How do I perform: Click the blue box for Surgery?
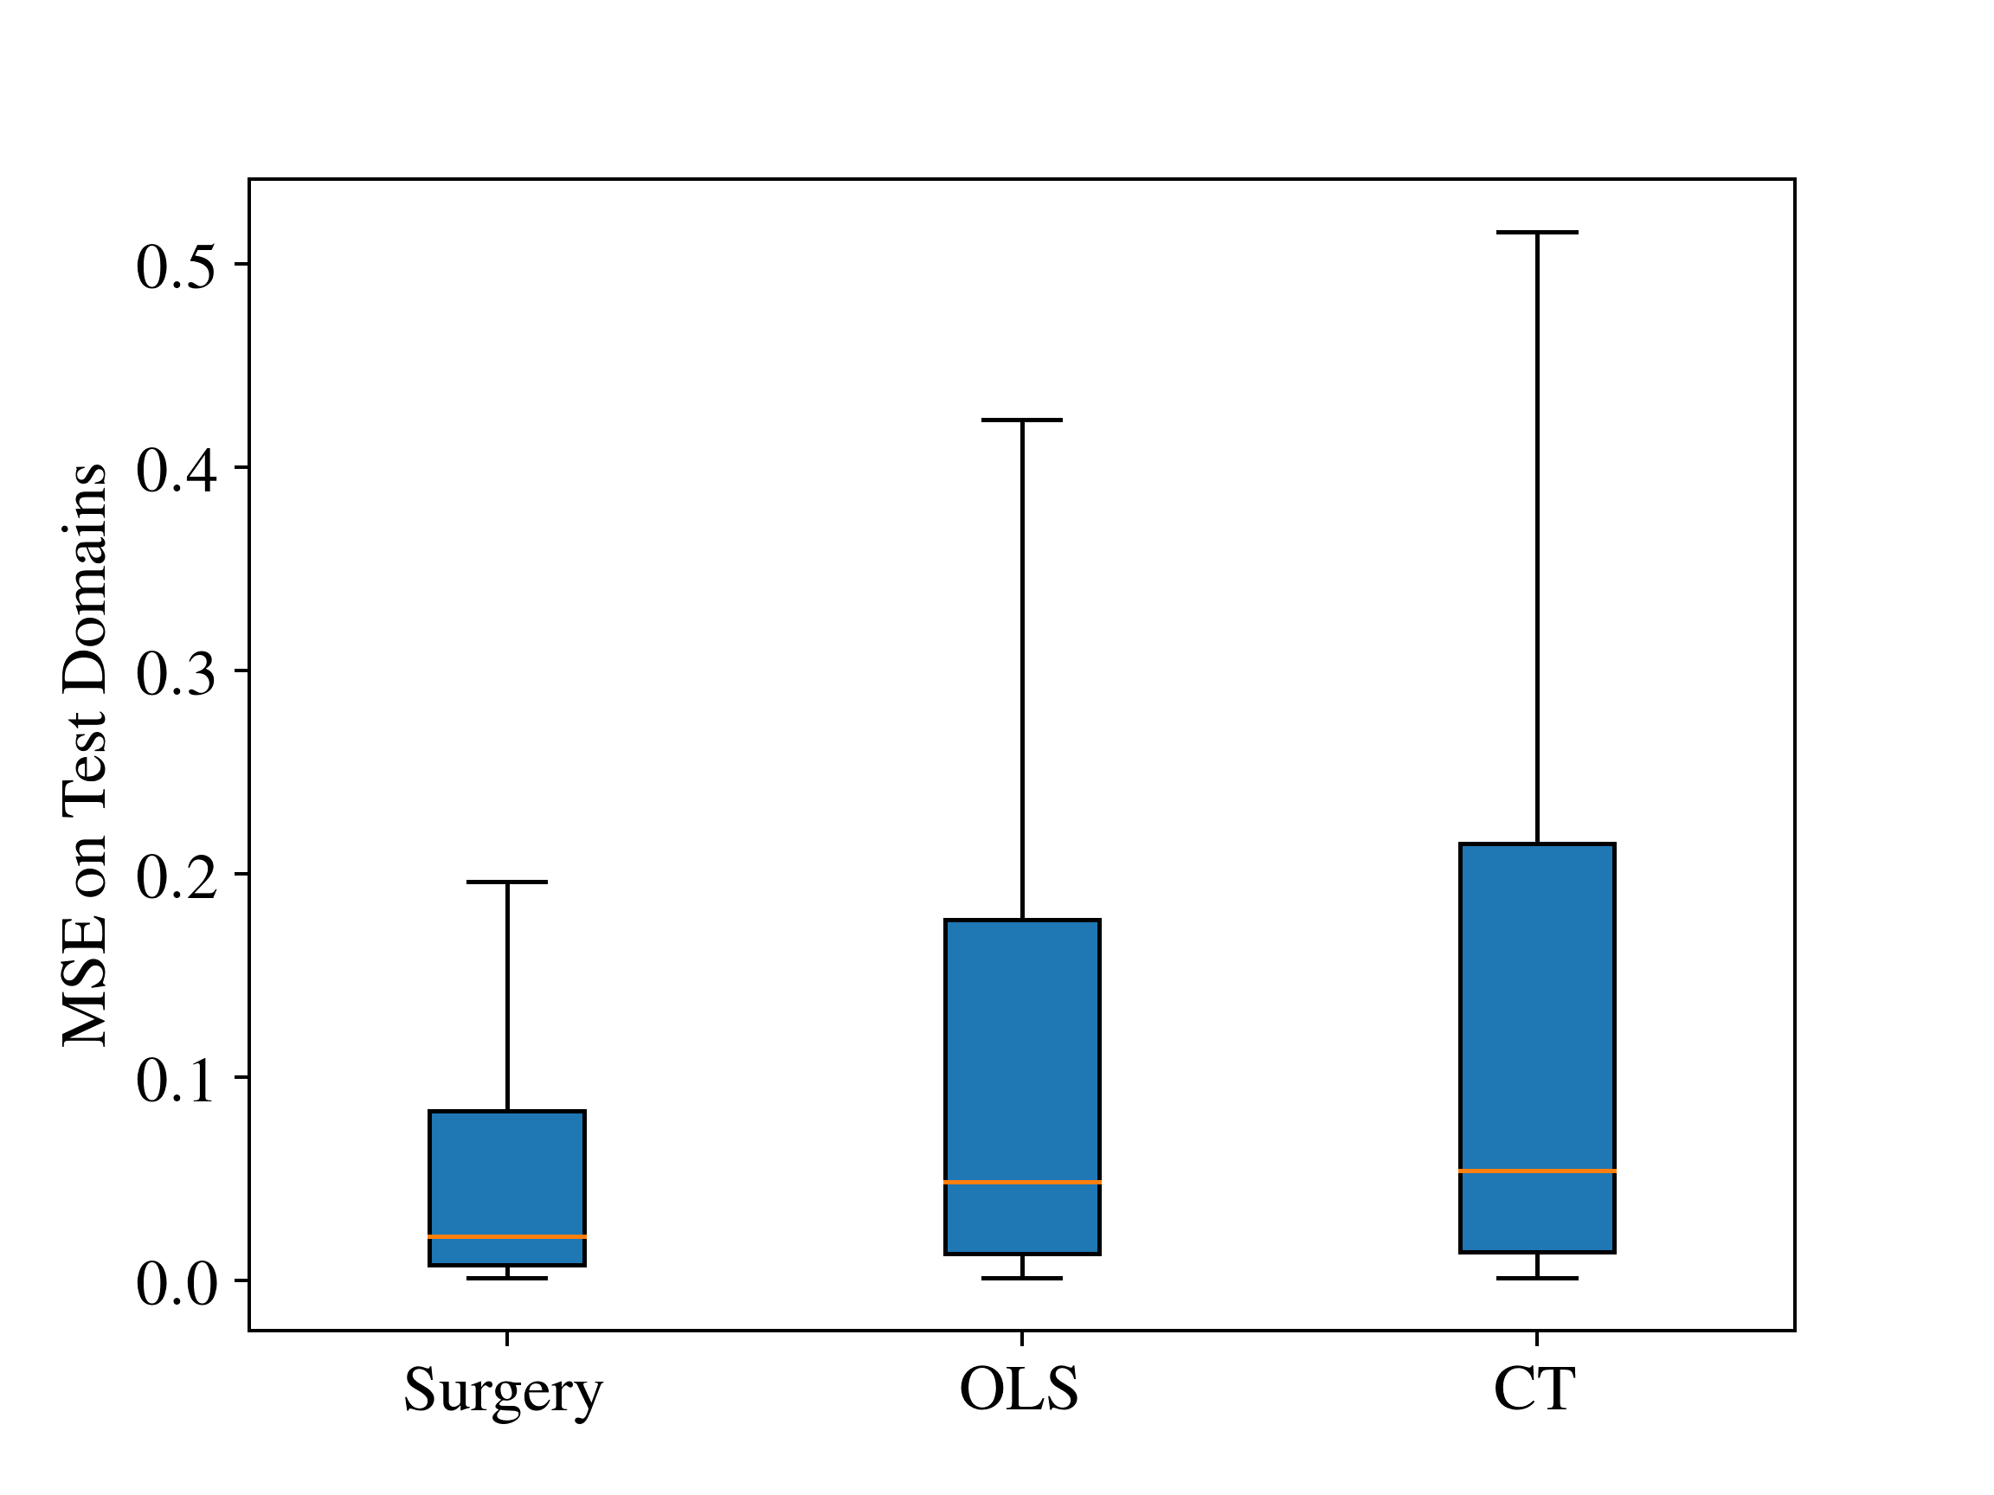coord(506,1188)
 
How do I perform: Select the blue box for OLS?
coord(1022,1086)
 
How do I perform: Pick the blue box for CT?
coord(1537,1047)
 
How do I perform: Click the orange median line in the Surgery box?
coord(506,1236)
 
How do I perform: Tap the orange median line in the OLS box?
coord(1022,1182)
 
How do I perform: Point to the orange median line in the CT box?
coord(1537,1171)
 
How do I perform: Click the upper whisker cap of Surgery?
coord(506,882)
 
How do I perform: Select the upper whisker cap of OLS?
coord(1022,420)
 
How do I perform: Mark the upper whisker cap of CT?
coord(1537,233)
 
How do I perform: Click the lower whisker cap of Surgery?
coord(506,1278)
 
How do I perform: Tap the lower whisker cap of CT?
coord(1537,1278)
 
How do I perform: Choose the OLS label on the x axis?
coord(1019,1389)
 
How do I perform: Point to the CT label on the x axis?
coord(1534,1389)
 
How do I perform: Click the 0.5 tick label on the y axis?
coord(177,266)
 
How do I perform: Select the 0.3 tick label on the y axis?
coord(177,673)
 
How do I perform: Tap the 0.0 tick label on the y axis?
coord(177,1283)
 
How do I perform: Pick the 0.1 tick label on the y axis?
coord(177,1080)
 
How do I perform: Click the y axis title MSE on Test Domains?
coord(85,755)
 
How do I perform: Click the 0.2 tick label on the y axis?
coord(177,876)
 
